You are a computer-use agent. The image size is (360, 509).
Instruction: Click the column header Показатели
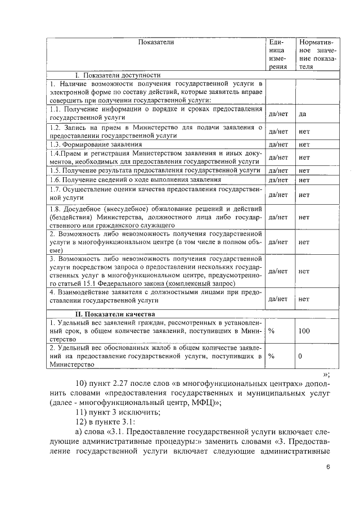[156, 42]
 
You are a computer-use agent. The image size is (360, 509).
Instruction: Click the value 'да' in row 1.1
[302, 114]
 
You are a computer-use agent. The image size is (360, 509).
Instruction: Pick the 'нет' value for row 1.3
[304, 145]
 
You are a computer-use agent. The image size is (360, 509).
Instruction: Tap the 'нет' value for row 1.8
[304, 217]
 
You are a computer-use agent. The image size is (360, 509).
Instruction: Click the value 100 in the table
[304, 331]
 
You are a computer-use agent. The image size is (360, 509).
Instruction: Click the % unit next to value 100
[272, 331]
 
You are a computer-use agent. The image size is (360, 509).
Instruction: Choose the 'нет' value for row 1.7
[304, 195]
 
